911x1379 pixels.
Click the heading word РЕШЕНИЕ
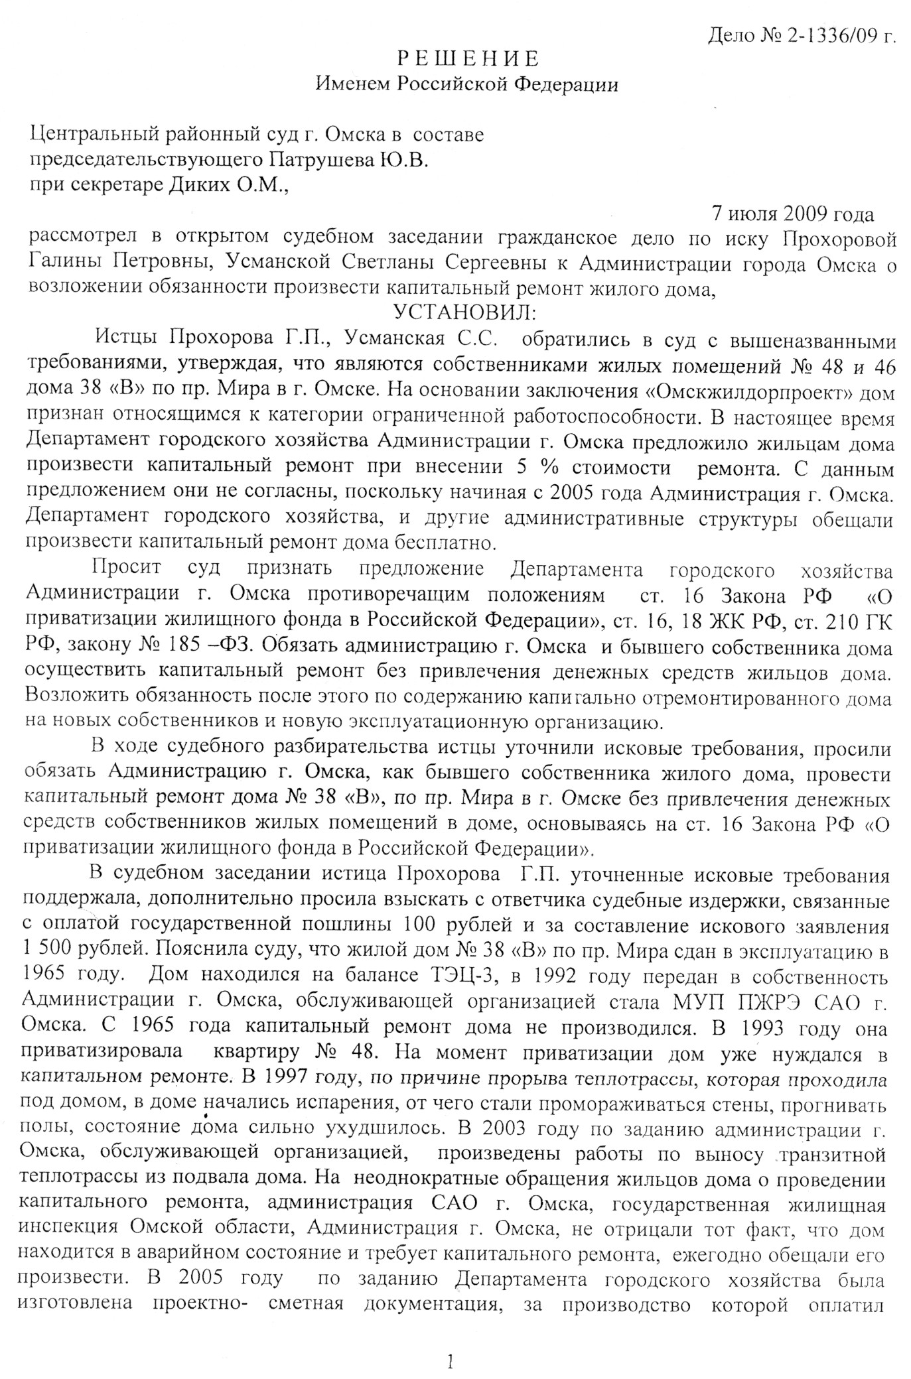coord(468,59)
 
